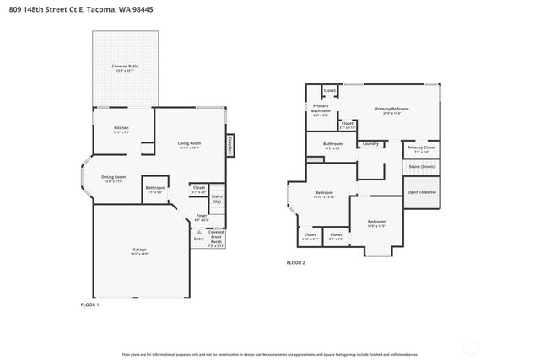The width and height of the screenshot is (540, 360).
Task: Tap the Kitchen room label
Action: tap(121, 130)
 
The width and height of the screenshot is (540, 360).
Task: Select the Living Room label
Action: tap(188, 145)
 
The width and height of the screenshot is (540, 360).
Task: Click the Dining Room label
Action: tap(114, 179)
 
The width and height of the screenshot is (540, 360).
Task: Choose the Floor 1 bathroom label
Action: tap(154, 190)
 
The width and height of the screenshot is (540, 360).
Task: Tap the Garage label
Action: tap(140, 251)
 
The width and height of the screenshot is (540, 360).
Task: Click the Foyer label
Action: tap(202, 218)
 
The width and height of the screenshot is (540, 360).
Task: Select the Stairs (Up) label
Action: tap(217, 198)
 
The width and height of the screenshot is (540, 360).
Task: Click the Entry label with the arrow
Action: tap(198, 239)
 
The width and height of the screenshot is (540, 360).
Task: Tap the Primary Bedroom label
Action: tap(392, 110)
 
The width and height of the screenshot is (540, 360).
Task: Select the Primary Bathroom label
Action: tap(321, 110)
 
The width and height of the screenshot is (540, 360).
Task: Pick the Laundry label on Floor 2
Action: tap(370, 144)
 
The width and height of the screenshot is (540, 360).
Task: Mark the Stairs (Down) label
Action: tap(421, 167)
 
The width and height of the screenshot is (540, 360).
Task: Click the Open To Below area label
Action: tap(421, 192)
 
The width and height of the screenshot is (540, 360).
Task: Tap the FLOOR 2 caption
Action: tap(296, 263)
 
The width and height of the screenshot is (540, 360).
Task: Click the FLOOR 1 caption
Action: tap(90, 304)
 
